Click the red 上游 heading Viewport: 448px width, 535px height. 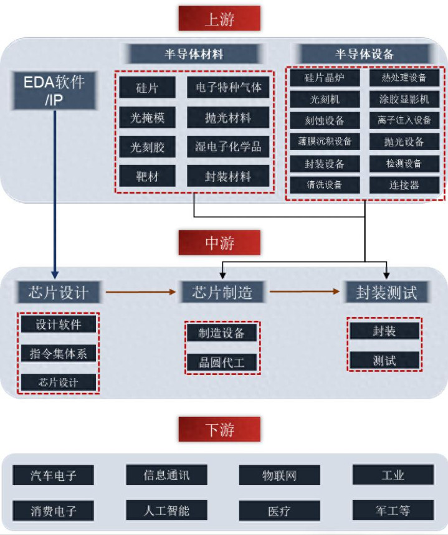pos(219,19)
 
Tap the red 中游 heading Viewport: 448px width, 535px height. pos(219,242)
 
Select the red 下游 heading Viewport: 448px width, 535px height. pos(219,429)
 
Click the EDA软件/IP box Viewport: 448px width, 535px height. pos(54,90)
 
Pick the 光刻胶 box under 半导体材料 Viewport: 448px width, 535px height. pos(148,148)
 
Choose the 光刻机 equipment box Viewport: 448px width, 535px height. pos(324,99)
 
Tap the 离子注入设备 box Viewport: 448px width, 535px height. pos(404,120)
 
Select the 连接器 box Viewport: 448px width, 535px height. pos(404,185)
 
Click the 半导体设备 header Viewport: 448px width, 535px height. pos(365,54)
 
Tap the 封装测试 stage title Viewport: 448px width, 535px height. pos(386,291)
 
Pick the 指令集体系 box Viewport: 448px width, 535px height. pos(59,353)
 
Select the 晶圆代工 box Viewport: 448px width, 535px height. pos(222,362)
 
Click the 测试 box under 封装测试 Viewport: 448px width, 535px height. pos(384,360)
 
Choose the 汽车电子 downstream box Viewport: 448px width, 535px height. pos(54,475)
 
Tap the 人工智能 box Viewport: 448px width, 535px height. pos(166,511)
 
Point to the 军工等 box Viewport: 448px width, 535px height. pos(393,511)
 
